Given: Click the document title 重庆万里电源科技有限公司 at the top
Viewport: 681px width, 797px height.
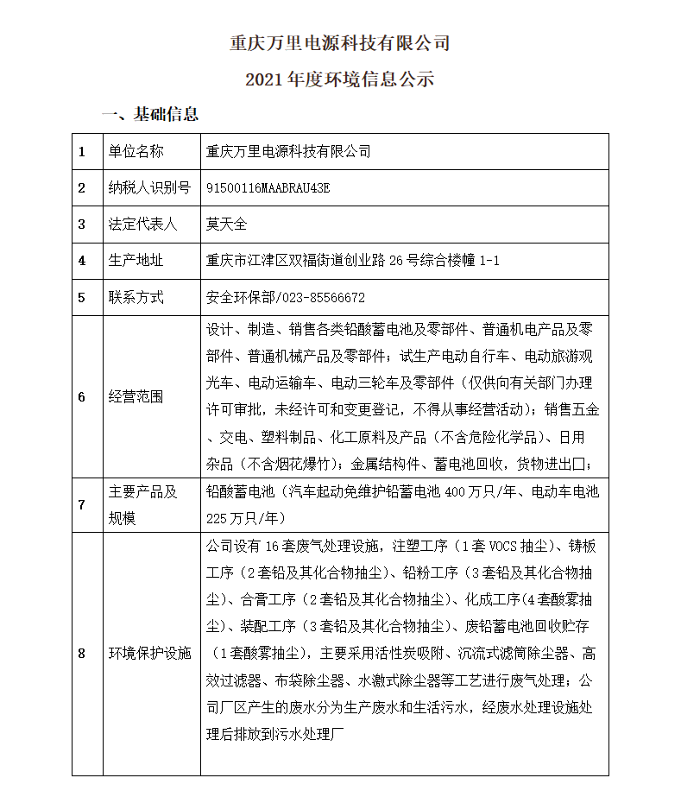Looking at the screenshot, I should [340, 43].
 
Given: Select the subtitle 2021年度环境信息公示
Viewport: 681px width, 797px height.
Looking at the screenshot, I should [340, 80].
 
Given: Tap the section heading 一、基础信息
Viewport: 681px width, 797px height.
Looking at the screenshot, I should [151, 114].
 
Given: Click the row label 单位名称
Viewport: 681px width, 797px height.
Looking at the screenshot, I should [136, 151].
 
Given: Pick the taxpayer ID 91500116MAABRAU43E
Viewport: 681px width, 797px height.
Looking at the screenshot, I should [268, 187].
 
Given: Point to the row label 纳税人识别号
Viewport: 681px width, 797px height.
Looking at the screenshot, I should [149, 187].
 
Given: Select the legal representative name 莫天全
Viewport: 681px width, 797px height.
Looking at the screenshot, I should [226, 224].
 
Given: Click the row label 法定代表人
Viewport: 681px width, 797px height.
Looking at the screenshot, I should [142, 224].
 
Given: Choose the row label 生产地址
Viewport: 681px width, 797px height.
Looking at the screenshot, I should [136, 260].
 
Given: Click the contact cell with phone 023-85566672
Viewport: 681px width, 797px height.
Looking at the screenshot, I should [286, 297].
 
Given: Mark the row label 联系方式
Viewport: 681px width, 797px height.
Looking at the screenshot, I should [136, 297].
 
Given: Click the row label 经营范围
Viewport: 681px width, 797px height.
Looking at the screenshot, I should [136, 397].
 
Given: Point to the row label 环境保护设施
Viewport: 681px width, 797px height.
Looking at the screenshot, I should [149, 653].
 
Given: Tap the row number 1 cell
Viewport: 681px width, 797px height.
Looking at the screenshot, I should [82, 151].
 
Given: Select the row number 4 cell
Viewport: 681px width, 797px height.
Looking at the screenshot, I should [82, 260].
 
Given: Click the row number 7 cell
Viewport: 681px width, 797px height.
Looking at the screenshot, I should [82, 504].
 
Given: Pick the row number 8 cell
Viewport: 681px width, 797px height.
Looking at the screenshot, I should [82, 653].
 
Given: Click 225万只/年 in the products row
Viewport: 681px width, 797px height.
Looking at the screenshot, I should [246, 518].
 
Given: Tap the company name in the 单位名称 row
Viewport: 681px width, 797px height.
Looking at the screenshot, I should [288, 151].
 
